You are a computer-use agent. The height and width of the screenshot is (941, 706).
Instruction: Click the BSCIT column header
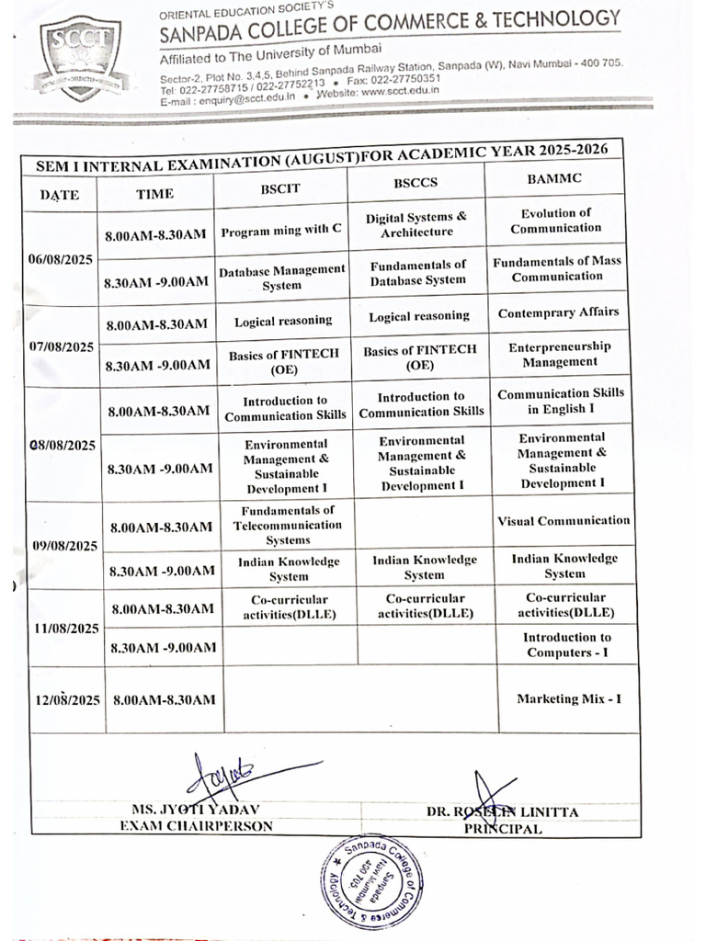[x=280, y=187]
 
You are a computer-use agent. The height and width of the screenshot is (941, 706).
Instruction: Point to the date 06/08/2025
[x=63, y=260]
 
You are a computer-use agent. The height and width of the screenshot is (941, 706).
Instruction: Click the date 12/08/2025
[x=67, y=700]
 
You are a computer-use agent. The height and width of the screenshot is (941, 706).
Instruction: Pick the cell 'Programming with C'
[x=280, y=232]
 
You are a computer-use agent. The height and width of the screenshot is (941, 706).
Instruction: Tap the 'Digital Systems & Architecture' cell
[x=416, y=225]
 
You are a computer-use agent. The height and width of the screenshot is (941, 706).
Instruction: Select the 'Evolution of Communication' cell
[x=555, y=221]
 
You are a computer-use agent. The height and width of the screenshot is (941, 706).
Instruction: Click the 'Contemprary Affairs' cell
[x=558, y=312]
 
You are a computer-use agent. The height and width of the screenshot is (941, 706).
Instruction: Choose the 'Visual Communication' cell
[x=564, y=520]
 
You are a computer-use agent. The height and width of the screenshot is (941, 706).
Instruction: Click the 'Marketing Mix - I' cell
[x=568, y=698]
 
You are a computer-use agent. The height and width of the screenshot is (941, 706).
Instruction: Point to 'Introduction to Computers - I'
[x=566, y=645]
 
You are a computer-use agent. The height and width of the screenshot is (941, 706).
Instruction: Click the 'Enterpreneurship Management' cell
[x=559, y=354]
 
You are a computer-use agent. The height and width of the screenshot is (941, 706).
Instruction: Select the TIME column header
[x=154, y=194]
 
